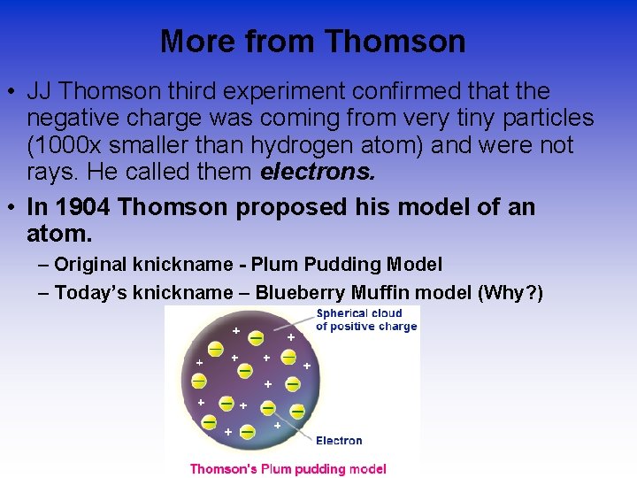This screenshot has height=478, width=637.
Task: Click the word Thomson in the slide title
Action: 395,42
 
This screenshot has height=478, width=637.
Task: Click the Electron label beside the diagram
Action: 339,440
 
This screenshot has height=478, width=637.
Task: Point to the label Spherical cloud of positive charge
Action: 366,320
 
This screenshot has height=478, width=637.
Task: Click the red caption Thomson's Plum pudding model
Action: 288,468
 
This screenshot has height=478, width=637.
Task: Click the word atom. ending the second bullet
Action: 59,235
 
